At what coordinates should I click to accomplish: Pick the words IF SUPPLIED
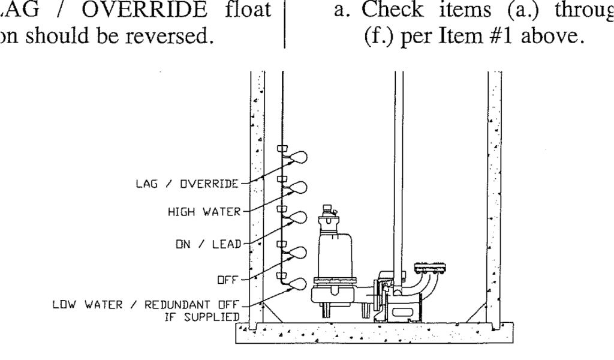pyautogui.click(x=198, y=316)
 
